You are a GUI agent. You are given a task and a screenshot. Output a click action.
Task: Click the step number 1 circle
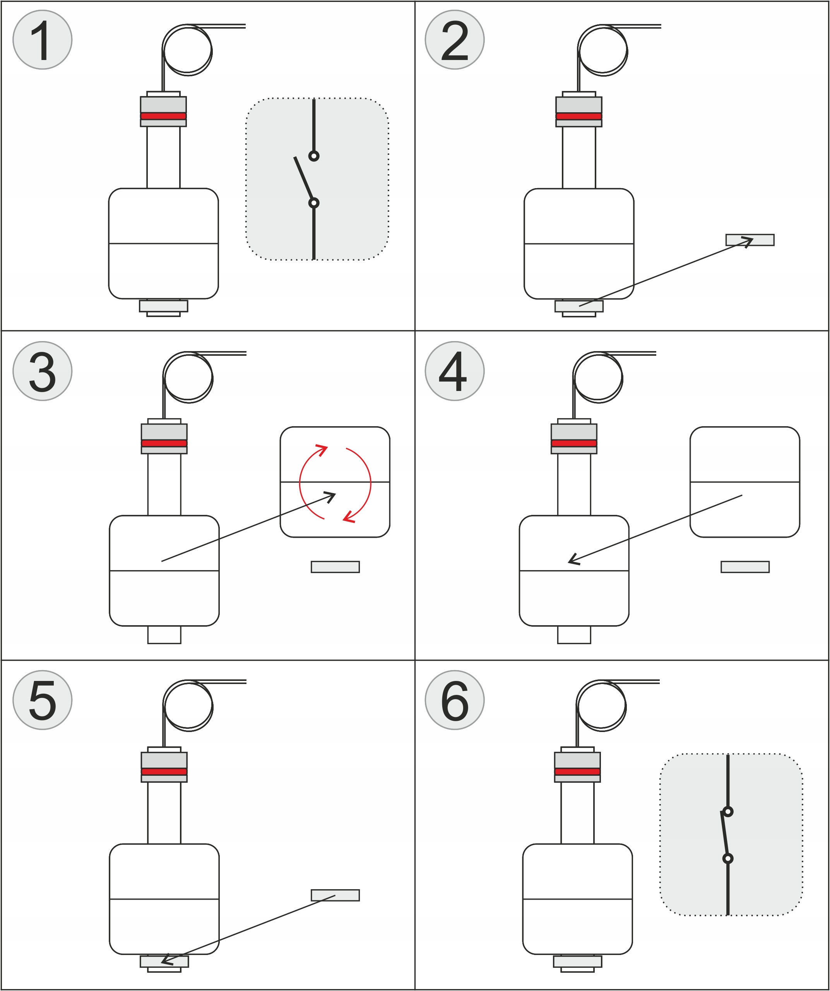point(43,40)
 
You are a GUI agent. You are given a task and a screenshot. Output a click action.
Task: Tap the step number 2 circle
point(455,40)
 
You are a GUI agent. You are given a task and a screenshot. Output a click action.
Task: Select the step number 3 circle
point(43,371)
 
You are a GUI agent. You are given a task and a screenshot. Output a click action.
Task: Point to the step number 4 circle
point(455,371)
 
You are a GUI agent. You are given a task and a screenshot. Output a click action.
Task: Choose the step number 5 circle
point(43,700)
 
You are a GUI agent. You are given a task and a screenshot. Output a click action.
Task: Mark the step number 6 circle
point(455,700)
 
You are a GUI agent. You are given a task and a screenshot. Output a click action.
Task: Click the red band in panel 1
point(163,116)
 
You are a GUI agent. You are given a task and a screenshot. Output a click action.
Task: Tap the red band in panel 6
point(577,772)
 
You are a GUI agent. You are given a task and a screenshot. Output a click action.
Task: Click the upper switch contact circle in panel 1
point(313,156)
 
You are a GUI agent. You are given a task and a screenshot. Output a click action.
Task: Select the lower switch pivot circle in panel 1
point(313,203)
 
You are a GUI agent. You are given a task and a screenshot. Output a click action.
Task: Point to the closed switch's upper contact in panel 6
point(728,812)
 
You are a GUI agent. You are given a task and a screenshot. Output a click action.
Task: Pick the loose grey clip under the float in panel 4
point(745,567)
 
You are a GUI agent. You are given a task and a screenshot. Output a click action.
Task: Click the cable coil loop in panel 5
point(188,706)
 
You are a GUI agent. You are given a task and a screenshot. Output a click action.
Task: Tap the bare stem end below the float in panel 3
point(164,635)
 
